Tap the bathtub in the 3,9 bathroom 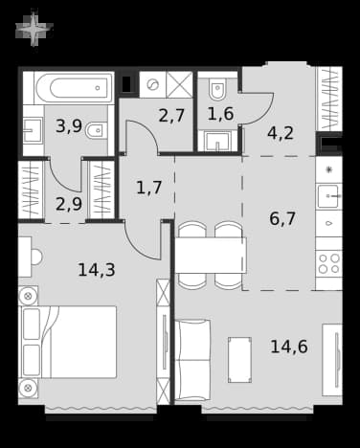(x=74, y=88)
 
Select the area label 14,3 (x=97, y=270)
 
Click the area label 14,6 (x=289, y=347)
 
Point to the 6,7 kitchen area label (x=282, y=219)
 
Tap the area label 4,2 (x=281, y=133)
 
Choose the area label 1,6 (x=220, y=114)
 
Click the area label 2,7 (x=171, y=116)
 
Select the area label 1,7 (x=149, y=188)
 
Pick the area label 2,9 (x=69, y=204)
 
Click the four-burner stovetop (x=329, y=263)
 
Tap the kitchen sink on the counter (x=328, y=196)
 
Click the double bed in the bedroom (x=68, y=342)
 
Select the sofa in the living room (x=192, y=360)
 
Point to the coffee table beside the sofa (x=239, y=360)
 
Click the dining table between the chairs (x=211, y=255)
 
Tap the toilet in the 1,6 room (x=217, y=88)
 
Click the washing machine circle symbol (x=152, y=85)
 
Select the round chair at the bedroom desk (x=36, y=257)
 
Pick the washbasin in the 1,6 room (x=217, y=141)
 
